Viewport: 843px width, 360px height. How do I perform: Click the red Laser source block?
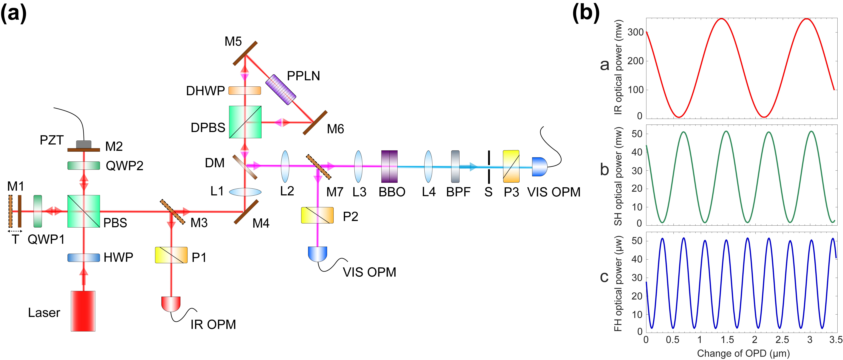coord(83,311)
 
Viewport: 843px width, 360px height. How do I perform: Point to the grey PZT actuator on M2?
coord(84,144)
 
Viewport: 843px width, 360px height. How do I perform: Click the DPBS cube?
coord(245,122)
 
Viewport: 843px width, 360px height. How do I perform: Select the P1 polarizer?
coord(171,255)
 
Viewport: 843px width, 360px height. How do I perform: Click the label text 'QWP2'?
coord(124,166)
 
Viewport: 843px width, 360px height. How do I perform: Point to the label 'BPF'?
coord(458,192)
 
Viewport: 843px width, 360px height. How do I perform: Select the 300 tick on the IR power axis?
coord(635,32)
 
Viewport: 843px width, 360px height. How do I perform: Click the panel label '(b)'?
coord(586,13)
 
